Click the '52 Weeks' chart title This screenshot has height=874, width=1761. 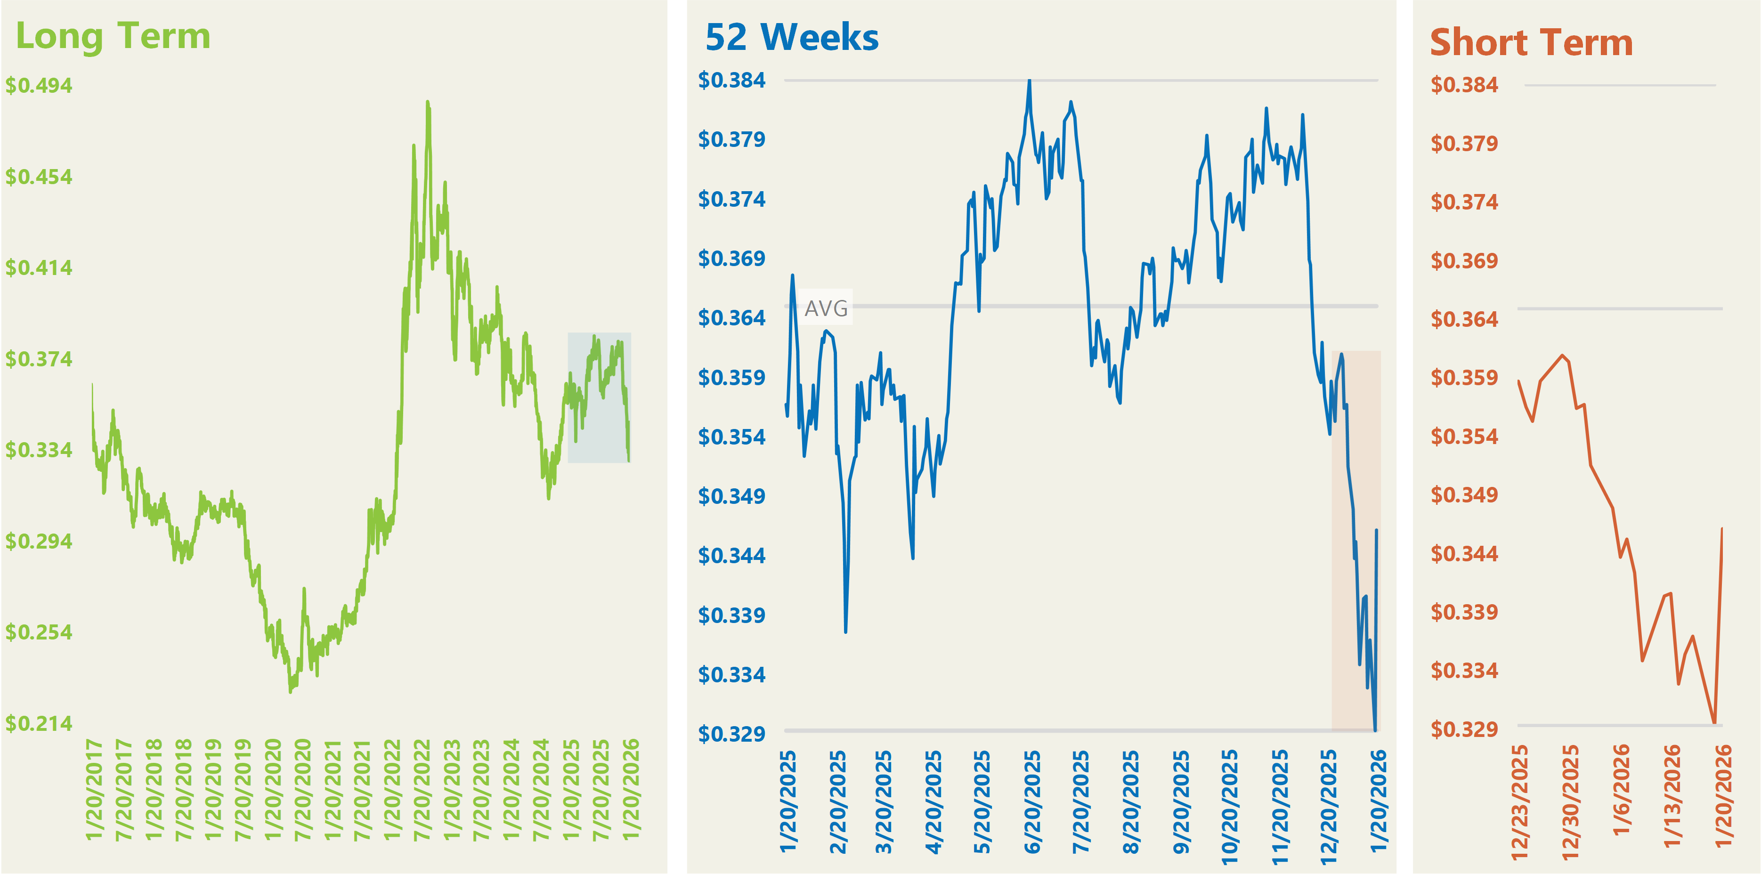pos(792,38)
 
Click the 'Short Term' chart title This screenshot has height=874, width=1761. pos(1531,43)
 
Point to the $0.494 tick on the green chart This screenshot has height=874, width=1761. pos(39,85)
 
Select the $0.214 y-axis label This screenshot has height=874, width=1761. pos(39,723)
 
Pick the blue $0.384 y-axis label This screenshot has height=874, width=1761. pos(731,80)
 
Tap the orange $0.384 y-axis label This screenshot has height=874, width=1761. pos(1464,85)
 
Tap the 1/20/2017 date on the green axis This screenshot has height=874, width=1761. pos(94,789)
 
